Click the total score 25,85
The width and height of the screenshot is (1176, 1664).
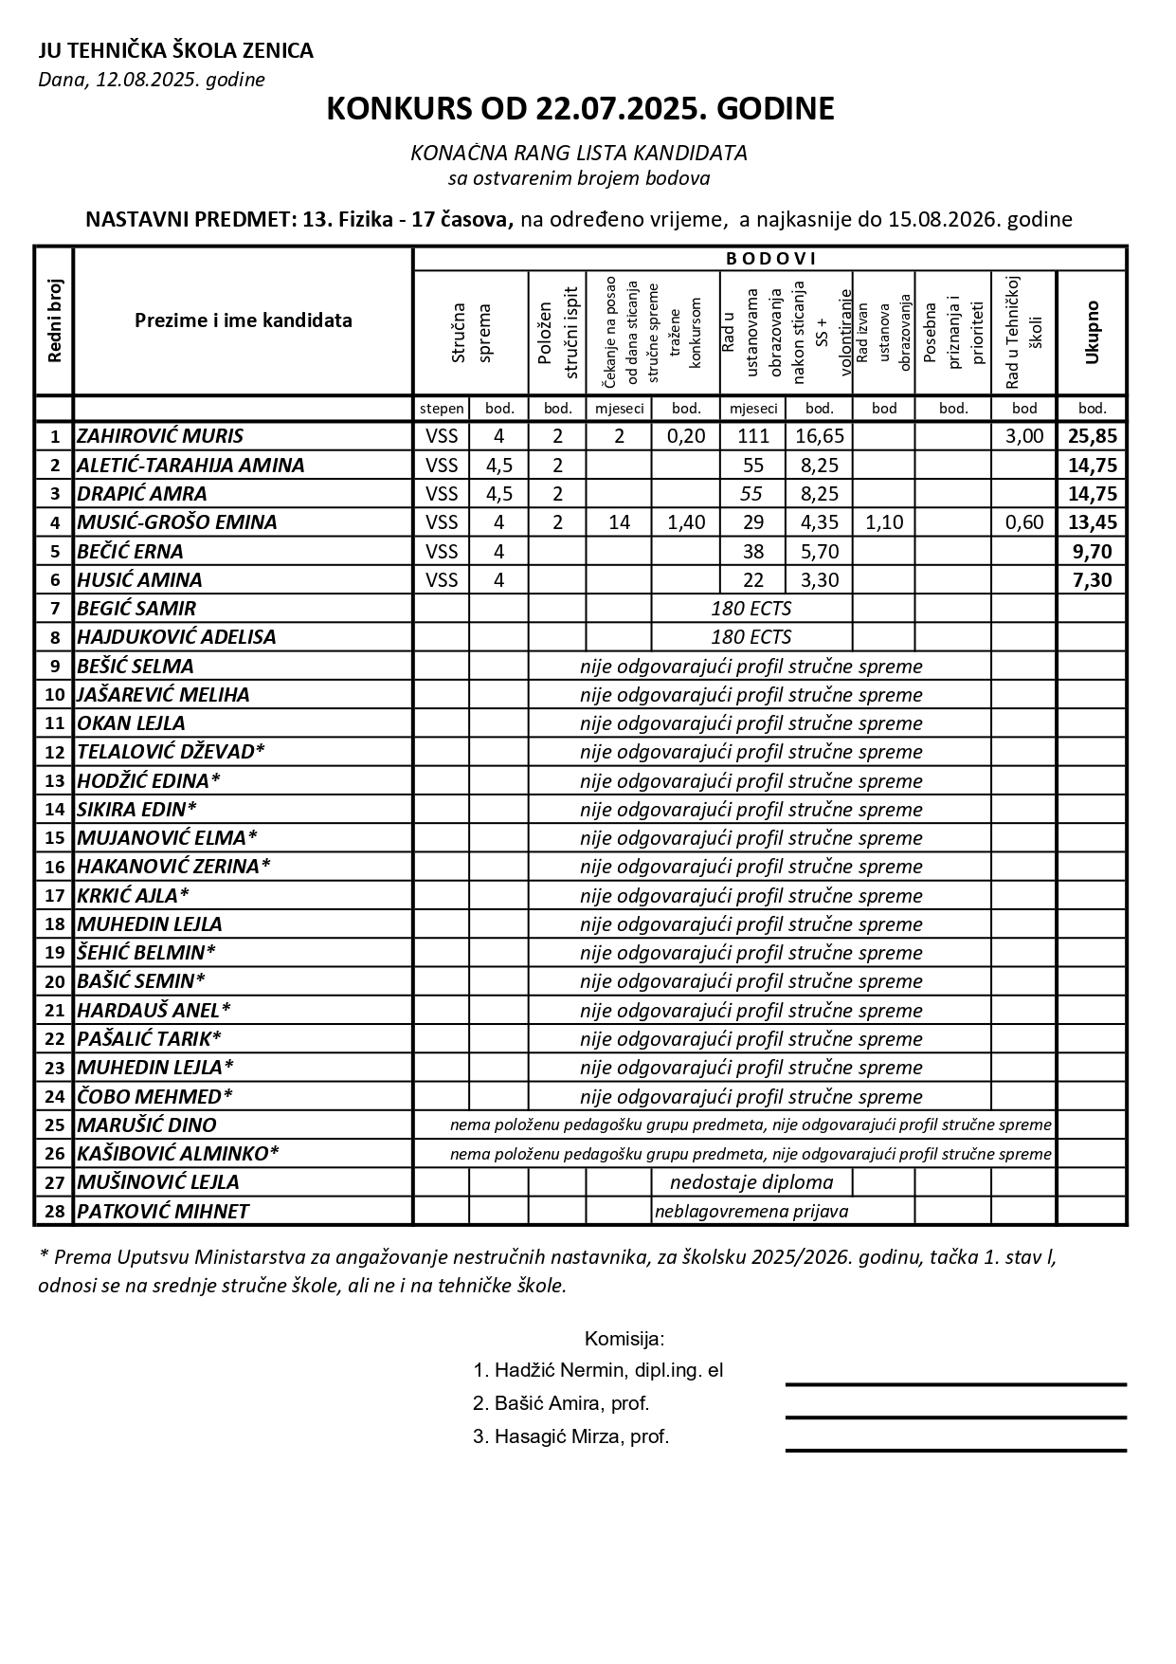(x=1092, y=436)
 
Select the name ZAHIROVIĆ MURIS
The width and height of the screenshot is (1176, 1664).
(x=160, y=436)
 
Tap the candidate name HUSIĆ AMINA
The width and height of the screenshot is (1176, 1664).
(x=139, y=579)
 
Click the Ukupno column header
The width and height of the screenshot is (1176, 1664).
(x=1092, y=332)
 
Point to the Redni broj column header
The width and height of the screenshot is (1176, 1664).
(x=54, y=320)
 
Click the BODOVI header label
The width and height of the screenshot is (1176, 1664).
(x=770, y=259)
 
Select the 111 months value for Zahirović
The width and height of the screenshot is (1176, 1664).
(x=753, y=436)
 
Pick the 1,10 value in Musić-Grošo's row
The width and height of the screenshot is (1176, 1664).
(x=883, y=522)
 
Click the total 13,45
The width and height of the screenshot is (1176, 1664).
(x=1092, y=522)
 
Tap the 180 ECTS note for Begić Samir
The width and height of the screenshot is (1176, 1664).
(x=751, y=609)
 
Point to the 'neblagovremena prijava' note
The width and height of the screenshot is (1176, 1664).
(x=751, y=1212)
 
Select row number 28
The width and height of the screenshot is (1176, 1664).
(x=54, y=1212)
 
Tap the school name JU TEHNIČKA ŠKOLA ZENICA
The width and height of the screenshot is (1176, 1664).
(x=175, y=51)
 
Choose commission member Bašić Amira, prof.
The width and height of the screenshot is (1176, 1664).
(x=561, y=1403)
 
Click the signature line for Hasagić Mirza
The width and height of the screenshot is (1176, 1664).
(x=955, y=1450)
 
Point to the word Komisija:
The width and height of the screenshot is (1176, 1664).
(x=624, y=1339)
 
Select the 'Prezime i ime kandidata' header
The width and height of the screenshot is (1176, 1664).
(x=243, y=320)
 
